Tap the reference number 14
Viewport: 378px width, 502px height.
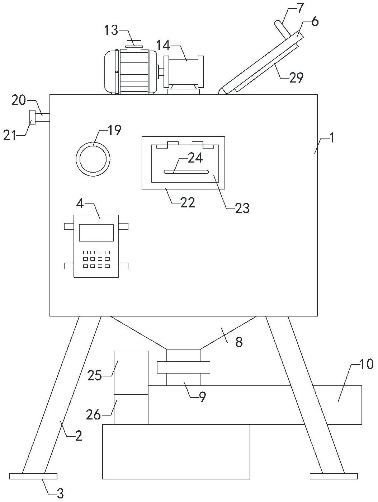(163, 45)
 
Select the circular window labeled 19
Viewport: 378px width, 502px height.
(93, 159)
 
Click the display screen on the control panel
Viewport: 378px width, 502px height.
(96, 233)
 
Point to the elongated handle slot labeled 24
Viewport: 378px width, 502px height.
(186, 172)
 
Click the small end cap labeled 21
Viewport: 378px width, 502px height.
(32, 117)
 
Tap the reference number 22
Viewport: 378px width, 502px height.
(188, 202)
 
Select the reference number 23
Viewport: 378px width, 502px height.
(242, 208)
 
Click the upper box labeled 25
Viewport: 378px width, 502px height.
(131, 372)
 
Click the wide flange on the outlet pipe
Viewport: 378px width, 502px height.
(183, 367)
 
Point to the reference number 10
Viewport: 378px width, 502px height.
(367, 363)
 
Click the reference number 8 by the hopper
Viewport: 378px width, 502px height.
(239, 342)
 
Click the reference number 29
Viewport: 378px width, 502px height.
(296, 78)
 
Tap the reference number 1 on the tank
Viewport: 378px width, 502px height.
(332, 138)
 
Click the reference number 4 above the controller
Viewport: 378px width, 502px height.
(80, 203)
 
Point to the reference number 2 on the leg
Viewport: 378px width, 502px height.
(79, 436)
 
